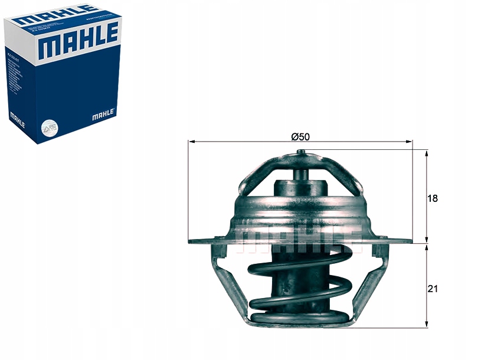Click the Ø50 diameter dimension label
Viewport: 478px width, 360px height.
pos(300,136)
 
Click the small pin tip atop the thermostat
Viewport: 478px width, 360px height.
pos(301,154)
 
